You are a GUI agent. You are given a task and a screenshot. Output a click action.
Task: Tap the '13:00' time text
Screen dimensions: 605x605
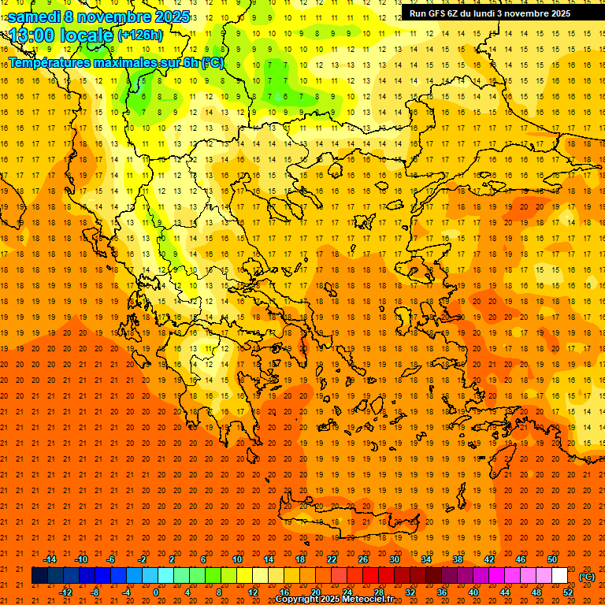(32, 35)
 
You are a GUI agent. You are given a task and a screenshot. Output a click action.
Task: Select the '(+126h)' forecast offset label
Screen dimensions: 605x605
(140, 35)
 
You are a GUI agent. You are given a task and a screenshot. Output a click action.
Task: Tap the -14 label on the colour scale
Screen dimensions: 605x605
(50, 559)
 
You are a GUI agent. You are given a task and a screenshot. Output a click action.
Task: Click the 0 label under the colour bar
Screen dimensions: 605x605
(156, 592)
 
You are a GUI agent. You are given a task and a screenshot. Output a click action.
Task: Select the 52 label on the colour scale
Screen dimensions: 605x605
(568, 592)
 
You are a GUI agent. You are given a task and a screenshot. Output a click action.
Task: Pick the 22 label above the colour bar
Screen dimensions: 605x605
(332, 559)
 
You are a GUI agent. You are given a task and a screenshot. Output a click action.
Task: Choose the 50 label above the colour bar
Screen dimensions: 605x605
(552, 559)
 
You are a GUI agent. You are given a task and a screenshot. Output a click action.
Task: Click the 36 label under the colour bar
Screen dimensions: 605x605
(442, 592)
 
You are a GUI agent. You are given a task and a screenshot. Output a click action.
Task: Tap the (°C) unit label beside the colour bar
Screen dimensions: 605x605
(587, 576)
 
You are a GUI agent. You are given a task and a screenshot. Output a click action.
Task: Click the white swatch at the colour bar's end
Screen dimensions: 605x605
(559, 576)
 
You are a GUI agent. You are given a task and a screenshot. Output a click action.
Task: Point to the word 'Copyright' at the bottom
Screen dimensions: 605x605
(297, 599)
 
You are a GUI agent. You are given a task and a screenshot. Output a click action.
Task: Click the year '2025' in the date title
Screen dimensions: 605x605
(171, 16)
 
